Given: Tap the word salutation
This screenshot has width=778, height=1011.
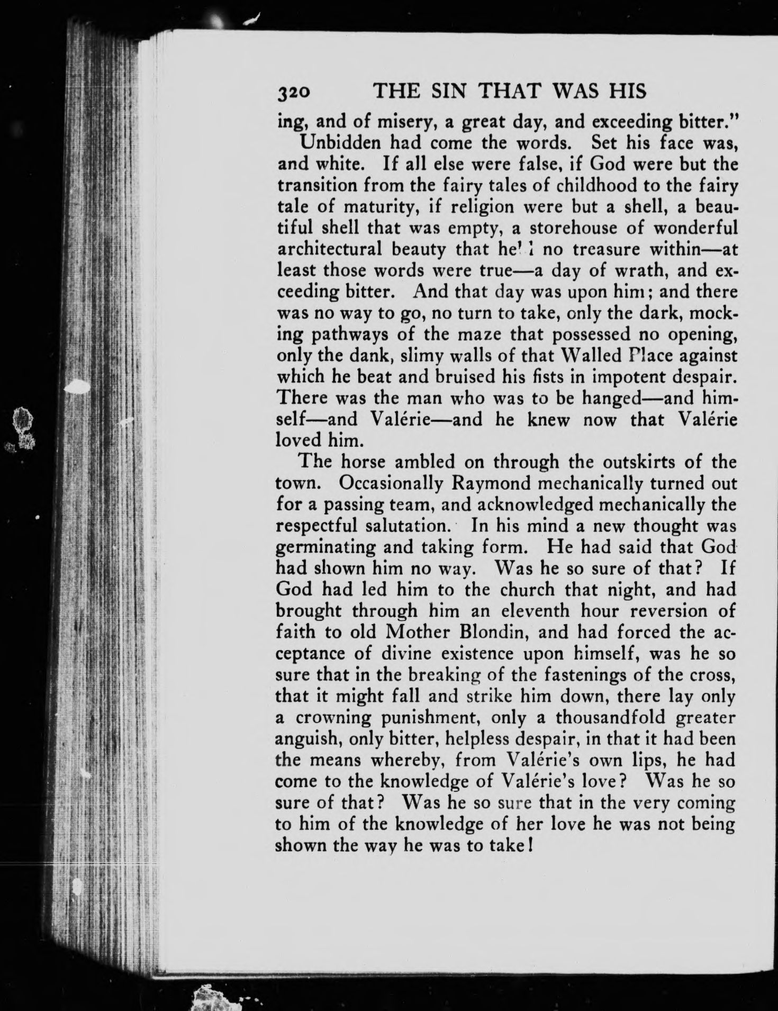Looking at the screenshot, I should coord(407,526).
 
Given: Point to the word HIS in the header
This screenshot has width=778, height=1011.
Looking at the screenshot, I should coord(629,92).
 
